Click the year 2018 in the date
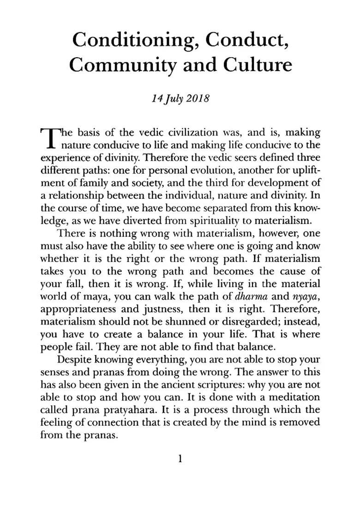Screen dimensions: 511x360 tap(197, 98)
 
